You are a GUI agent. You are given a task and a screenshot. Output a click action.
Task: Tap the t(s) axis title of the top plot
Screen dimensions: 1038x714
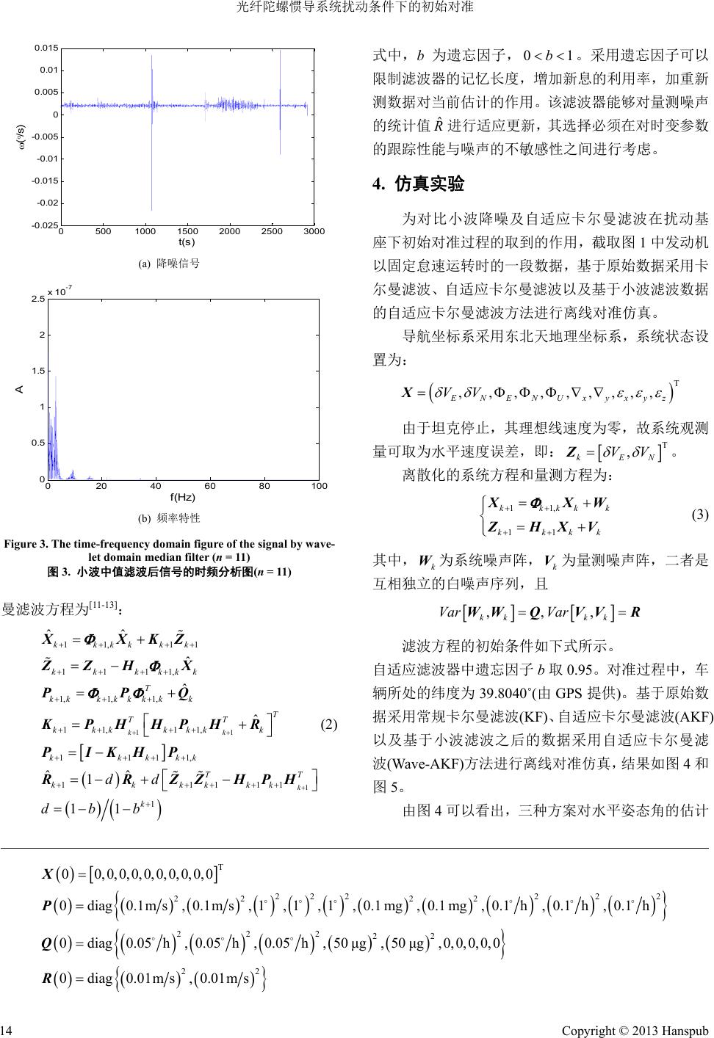pos(187,242)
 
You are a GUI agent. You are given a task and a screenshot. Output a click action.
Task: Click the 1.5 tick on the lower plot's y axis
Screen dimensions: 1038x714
pos(38,371)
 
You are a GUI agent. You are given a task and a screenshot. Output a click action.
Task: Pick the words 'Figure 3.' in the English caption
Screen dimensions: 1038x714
pos(27,544)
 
